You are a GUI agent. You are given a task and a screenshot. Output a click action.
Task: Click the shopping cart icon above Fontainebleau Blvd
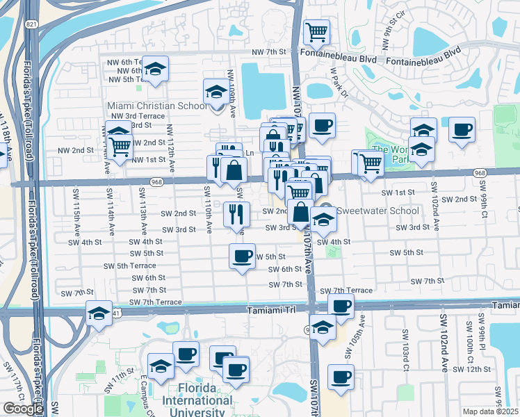316,31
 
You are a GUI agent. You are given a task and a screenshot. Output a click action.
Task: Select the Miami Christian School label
157,106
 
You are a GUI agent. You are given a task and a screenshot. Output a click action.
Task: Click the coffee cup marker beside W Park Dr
322,126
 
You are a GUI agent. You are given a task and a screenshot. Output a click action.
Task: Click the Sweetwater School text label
378,211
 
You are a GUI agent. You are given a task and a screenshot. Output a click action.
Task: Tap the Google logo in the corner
23,408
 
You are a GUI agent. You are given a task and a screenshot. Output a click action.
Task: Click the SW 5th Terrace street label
129,265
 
